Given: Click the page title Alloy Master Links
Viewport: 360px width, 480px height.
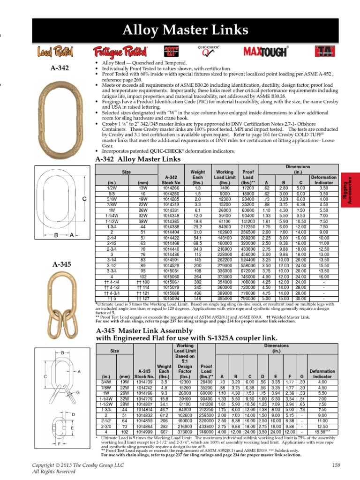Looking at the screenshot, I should pos(185,31).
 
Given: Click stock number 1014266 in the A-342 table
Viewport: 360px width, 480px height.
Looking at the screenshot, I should pos(171,187).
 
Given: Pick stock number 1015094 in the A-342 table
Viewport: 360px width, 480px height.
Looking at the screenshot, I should pos(171,298).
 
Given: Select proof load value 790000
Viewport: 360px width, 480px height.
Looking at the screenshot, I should pos(248,298).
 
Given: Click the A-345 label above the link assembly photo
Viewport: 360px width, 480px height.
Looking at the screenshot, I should pos(60,264).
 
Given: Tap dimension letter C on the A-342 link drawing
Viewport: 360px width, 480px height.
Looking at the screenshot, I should pos(84,199).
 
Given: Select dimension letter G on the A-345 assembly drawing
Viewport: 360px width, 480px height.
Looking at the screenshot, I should pos(78,392).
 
